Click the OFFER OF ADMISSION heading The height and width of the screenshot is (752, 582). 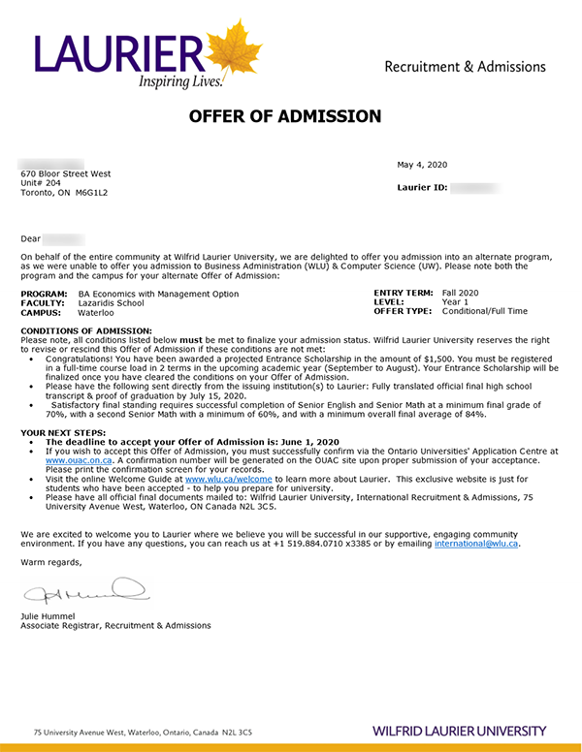[285, 117]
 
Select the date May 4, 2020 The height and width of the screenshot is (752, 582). [422, 165]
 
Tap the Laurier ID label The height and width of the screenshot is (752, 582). [422, 187]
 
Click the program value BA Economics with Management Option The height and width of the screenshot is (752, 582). [158, 294]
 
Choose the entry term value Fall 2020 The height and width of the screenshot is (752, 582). [461, 293]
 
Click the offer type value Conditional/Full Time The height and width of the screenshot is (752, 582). [485, 311]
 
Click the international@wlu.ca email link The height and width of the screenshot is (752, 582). [476, 545]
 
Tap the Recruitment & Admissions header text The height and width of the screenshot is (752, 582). [465, 67]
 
